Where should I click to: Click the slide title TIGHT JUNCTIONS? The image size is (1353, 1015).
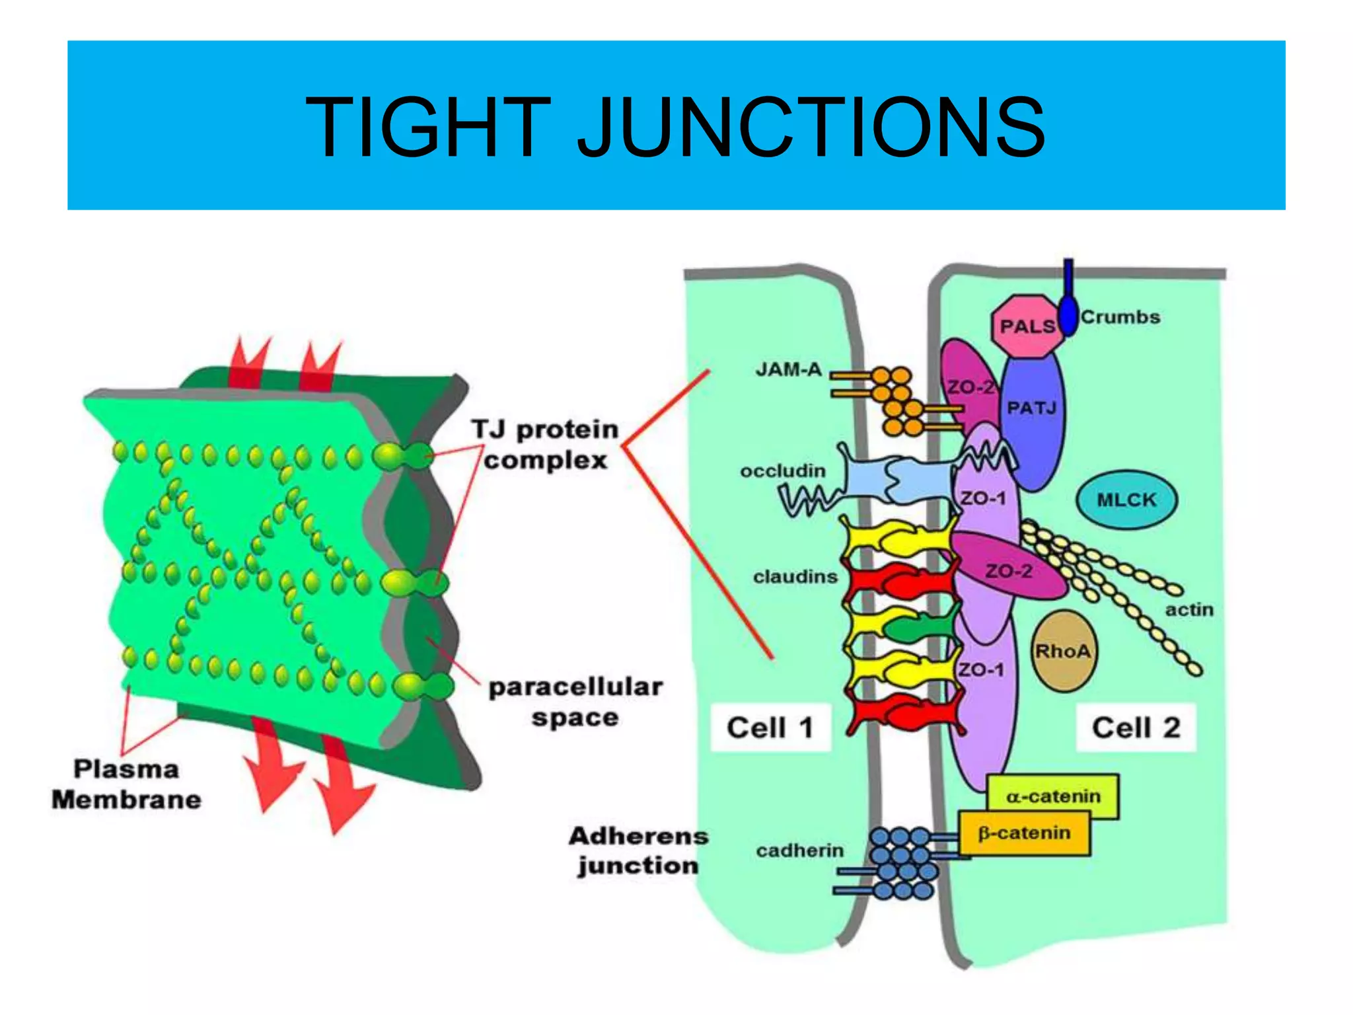(x=675, y=127)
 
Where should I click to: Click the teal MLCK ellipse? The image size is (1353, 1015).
(x=1126, y=500)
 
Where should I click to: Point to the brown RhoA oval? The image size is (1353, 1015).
(x=1062, y=652)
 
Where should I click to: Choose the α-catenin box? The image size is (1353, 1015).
(x=1053, y=796)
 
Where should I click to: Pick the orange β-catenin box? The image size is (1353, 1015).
(x=1024, y=833)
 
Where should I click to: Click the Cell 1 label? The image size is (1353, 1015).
(x=770, y=728)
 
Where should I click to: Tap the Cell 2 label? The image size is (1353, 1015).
(x=1136, y=728)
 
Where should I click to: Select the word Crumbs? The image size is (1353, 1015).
(x=1120, y=317)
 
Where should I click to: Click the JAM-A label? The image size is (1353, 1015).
(x=788, y=369)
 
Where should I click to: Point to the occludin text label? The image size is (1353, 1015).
(x=782, y=471)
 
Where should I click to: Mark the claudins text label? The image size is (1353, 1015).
(x=795, y=577)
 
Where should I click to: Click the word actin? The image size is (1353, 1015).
(x=1188, y=609)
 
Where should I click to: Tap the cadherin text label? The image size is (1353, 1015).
(x=799, y=850)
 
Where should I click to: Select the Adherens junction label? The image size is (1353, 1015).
(x=638, y=850)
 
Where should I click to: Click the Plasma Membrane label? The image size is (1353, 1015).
(x=126, y=784)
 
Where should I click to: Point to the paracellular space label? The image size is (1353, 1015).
(x=575, y=702)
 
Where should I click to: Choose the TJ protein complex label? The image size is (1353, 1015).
(x=545, y=445)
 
